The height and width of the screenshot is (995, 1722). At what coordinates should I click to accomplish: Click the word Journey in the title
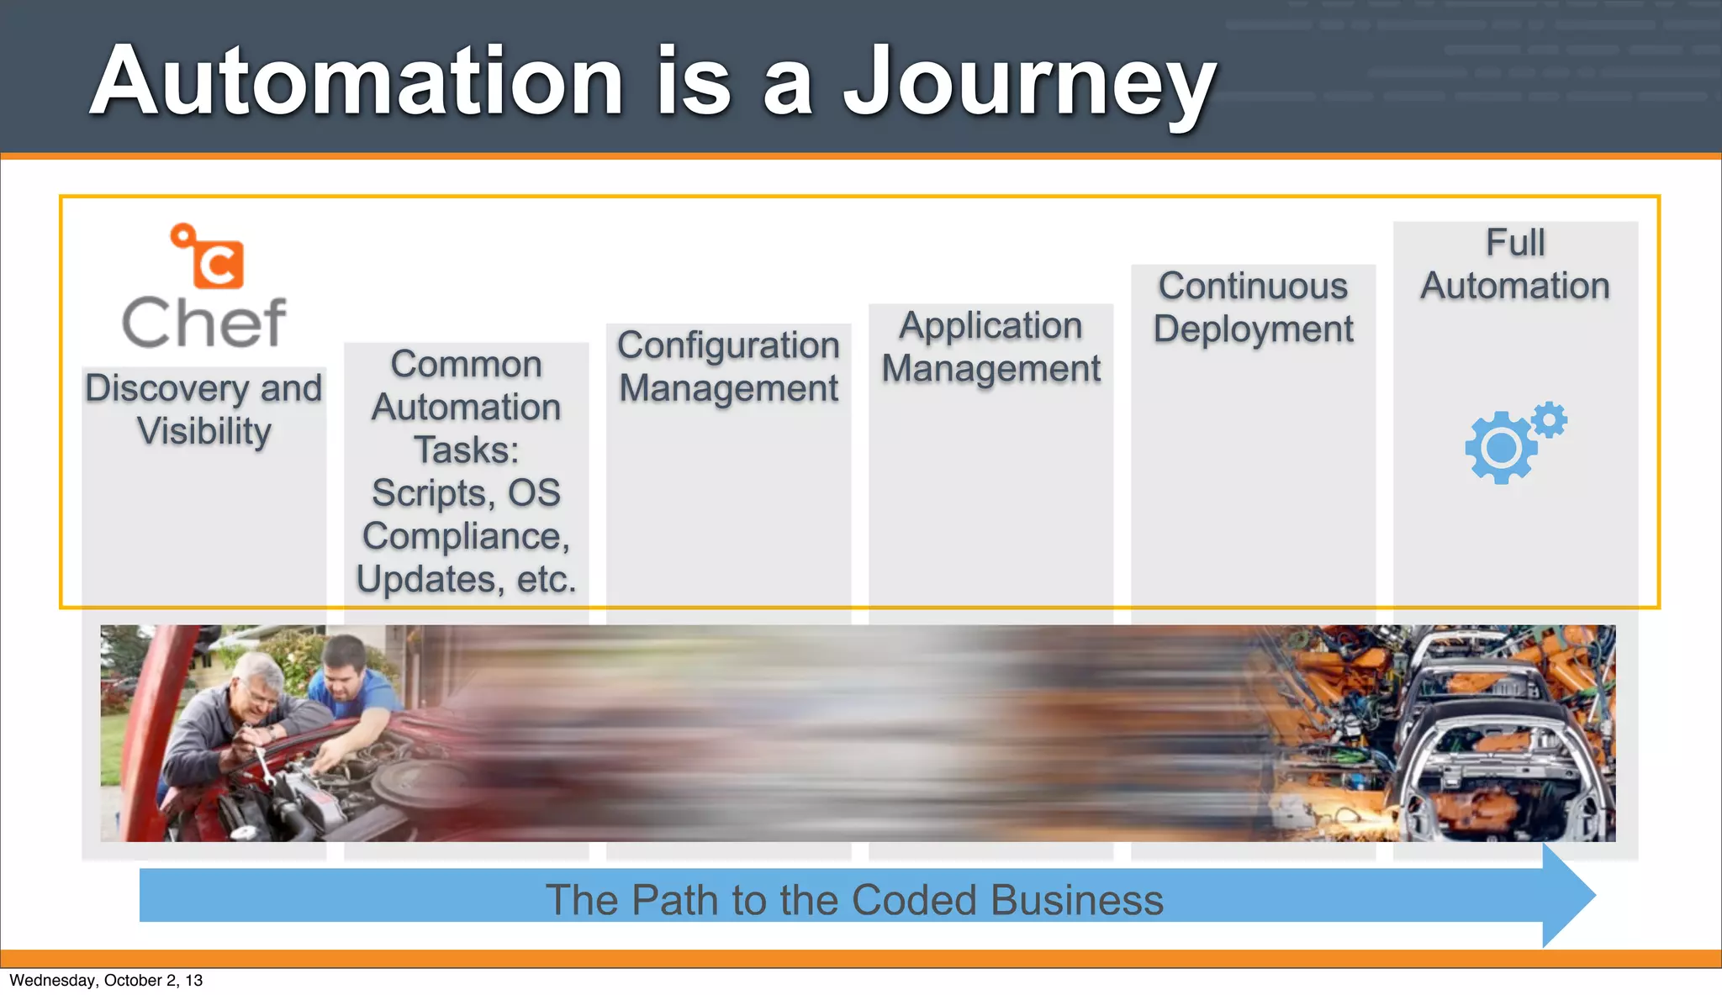[x=1029, y=82]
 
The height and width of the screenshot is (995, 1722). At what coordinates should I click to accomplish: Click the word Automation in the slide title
[x=357, y=82]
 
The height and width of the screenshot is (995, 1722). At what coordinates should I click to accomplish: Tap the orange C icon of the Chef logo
[x=217, y=264]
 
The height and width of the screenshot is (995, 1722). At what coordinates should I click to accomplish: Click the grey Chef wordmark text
[x=204, y=323]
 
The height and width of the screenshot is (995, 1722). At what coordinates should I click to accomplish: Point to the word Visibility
[x=204, y=431]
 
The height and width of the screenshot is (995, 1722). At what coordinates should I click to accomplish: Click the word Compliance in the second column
[x=466, y=536]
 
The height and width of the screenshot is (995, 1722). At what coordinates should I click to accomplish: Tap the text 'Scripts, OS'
[x=466, y=493]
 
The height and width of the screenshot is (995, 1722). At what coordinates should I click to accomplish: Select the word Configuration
[x=728, y=345]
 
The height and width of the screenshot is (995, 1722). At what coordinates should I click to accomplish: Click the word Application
[x=990, y=326]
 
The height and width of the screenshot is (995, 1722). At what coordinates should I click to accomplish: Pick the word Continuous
[x=1253, y=287]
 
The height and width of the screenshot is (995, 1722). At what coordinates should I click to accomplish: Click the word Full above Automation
[x=1515, y=243]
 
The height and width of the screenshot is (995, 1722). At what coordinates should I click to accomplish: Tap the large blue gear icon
[x=1501, y=448]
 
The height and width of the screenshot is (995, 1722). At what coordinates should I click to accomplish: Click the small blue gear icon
[x=1549, y=419]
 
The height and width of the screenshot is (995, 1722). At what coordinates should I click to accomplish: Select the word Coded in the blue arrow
[x=916, y=900]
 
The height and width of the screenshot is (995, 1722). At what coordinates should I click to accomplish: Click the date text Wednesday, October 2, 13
[x=106, y=980]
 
